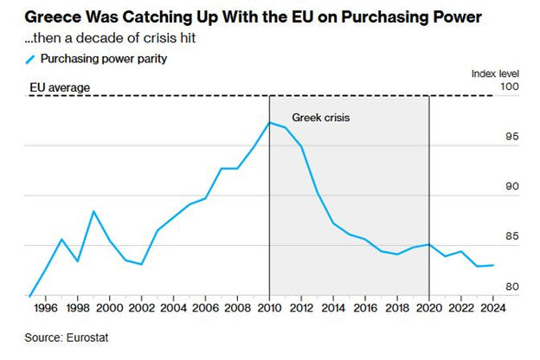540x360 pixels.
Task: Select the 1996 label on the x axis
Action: point(45,307)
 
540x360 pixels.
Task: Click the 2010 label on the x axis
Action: point(269,307)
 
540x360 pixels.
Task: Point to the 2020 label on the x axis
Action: point(429,307)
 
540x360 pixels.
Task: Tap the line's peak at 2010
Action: point(269,122)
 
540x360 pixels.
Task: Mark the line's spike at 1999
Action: point(93,211)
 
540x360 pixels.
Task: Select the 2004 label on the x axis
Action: point(173,307)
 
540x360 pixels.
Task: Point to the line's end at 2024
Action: point(493,265)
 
